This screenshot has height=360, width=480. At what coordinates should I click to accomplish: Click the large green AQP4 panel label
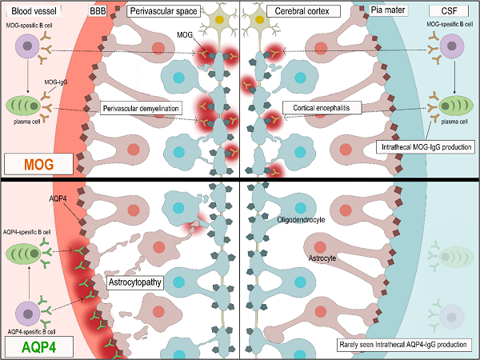pyautogui.click(x=38, y=346)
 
